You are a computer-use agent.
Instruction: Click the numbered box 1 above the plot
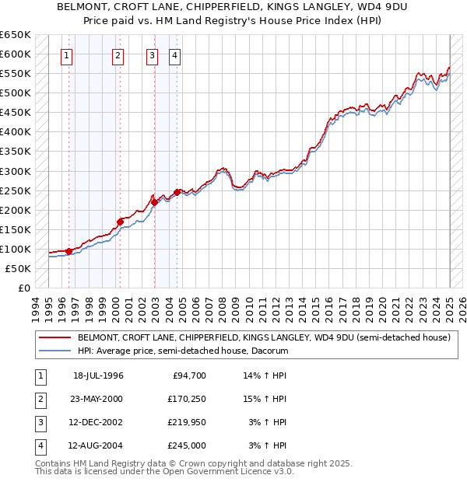(66, 55)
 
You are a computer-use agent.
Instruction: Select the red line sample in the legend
(54, 338)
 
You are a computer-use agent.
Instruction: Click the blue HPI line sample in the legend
(54, 351)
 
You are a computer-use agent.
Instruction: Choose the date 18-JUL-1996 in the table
(98, 375)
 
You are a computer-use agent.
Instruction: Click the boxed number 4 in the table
(39, 445)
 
